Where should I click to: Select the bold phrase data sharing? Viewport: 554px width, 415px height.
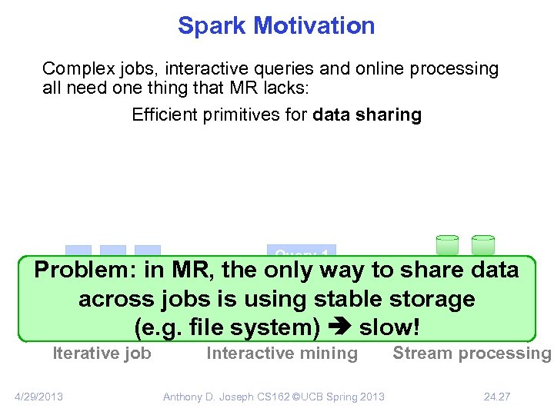click(367, 115)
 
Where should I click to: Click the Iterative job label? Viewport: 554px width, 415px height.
click(102, 354)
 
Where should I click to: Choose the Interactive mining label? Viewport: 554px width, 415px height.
click(282, 354)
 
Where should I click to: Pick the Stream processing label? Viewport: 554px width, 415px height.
click(472, 354)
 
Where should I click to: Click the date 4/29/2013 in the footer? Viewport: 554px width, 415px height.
click(39, 397)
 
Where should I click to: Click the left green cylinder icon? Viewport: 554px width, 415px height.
click(447, 244)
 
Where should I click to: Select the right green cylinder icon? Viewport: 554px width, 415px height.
click(483, 244)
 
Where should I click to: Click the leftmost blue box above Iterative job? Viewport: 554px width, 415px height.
click(78, 251)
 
